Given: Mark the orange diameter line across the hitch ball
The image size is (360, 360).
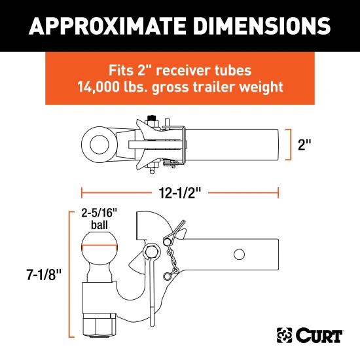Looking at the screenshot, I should tap(99, 245).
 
